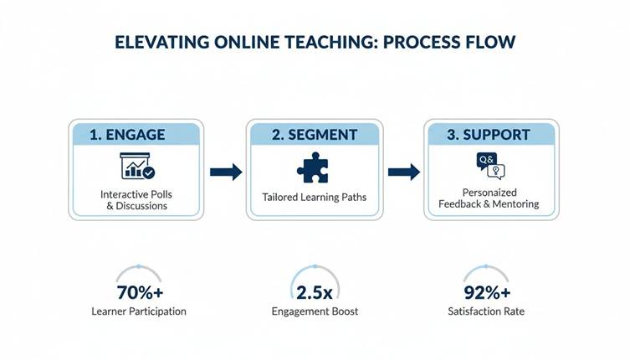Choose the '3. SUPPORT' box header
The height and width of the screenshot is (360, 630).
(490, 134)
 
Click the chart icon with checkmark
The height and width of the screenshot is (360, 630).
(137, 166)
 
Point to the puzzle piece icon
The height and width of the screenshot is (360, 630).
(312, 167)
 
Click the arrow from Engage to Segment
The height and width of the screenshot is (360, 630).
(225, 172)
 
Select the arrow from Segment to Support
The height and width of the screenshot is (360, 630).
(403, 172)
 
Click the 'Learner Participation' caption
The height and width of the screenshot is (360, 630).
(138, 311)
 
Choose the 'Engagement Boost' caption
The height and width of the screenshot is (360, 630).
(315, 311)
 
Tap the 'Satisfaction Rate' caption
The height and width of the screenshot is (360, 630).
(487, 311)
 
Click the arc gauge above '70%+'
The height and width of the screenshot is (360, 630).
(138, 272)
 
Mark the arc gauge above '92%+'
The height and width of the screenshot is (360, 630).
(487, 272)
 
